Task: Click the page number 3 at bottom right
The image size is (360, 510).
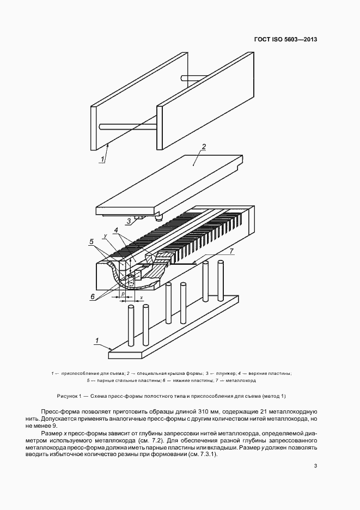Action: point(315,466)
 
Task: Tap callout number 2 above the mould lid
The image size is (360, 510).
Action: point(204,147)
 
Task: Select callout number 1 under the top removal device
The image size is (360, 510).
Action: point(101,158)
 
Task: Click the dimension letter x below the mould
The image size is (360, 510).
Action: point(141,297)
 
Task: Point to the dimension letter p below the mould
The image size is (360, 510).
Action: point(124,293)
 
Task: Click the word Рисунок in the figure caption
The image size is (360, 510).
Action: point(69,395)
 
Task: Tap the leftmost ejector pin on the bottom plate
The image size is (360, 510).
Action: point(131,327)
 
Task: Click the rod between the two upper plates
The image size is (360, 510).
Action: point(127,127)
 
